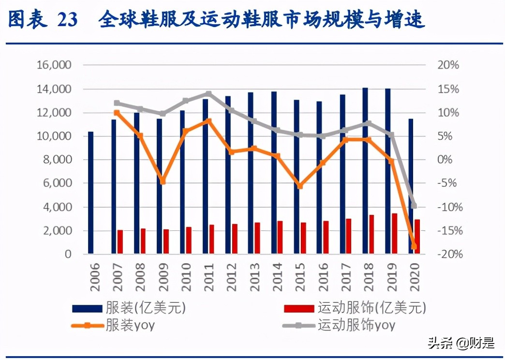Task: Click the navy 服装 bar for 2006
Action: [x=90, y=193]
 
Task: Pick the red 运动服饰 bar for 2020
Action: [x=417, y=236]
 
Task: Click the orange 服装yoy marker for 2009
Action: [x=163, y=181]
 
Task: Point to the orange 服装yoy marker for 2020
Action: [x=414, y=246]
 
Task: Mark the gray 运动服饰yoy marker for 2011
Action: [x=208, y=94]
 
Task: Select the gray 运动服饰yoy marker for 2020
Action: [x=414, y=206]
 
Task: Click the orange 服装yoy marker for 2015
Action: [x=300, y=186]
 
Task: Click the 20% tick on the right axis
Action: [x=448, y=65]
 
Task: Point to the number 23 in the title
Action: [x=67, y=20]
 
